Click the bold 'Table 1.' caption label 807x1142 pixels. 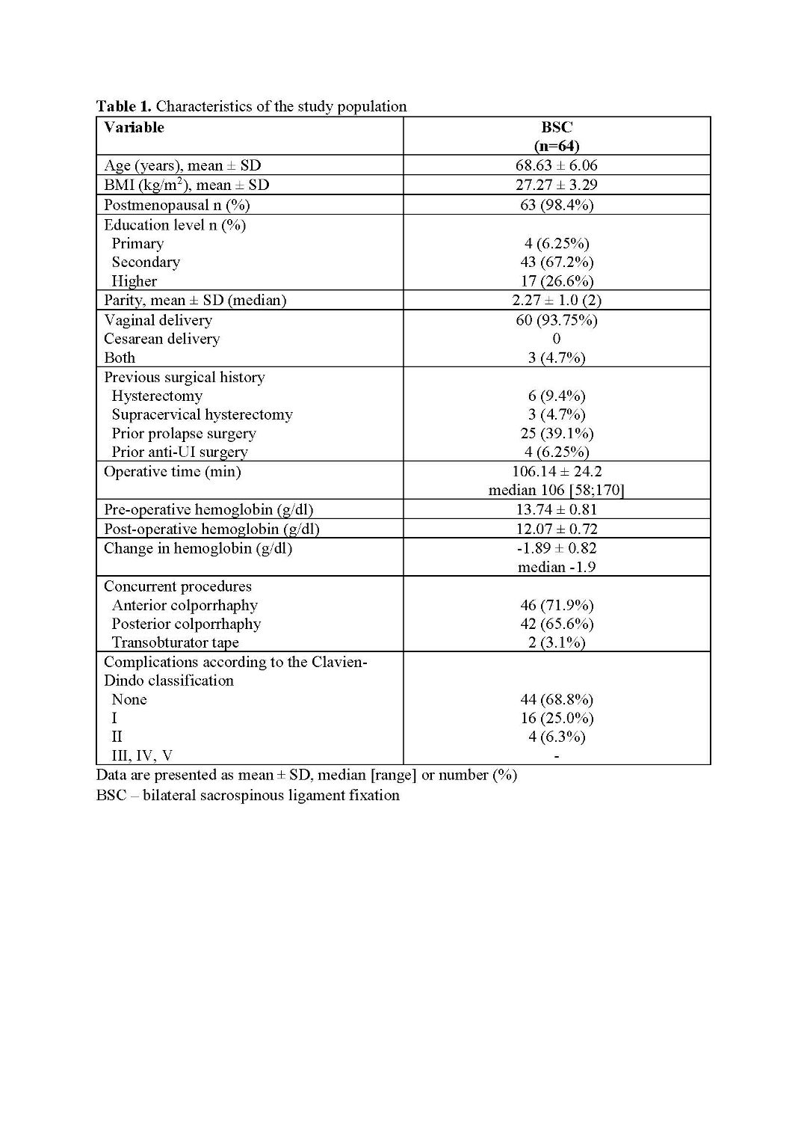click(x=123, y=106)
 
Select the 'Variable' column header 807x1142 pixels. click(x=134, y=127)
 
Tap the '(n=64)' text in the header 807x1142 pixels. click(x=557, y=146)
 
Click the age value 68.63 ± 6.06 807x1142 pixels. click(x=557, y=165)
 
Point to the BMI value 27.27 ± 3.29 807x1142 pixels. click(x=557, y=185)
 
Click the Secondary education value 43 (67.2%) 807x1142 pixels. click(x=557, y=262)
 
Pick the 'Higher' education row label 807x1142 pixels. click(x=134, y=281)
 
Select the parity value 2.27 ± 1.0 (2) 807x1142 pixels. click(x=557, y=300)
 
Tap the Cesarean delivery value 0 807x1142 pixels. click(x=557, y=339)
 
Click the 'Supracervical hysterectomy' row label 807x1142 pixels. click(x=202, y=414)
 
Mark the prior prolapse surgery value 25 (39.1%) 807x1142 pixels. click(x=557, y=433)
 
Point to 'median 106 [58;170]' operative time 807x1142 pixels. click(x=557, y=490)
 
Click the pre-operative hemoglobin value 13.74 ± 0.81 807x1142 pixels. click(x=557, y=509)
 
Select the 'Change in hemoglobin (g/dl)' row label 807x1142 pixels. click(x=198, y=548)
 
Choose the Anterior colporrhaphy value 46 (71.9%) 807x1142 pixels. click(x=557, y=605)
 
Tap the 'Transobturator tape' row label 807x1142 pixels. click(x=175, y=642)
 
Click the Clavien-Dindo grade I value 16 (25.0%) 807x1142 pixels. click(x=557, y=718)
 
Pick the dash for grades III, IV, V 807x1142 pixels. click(x=557, y=756)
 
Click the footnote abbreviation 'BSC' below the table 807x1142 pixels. click(x=111, y=795)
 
